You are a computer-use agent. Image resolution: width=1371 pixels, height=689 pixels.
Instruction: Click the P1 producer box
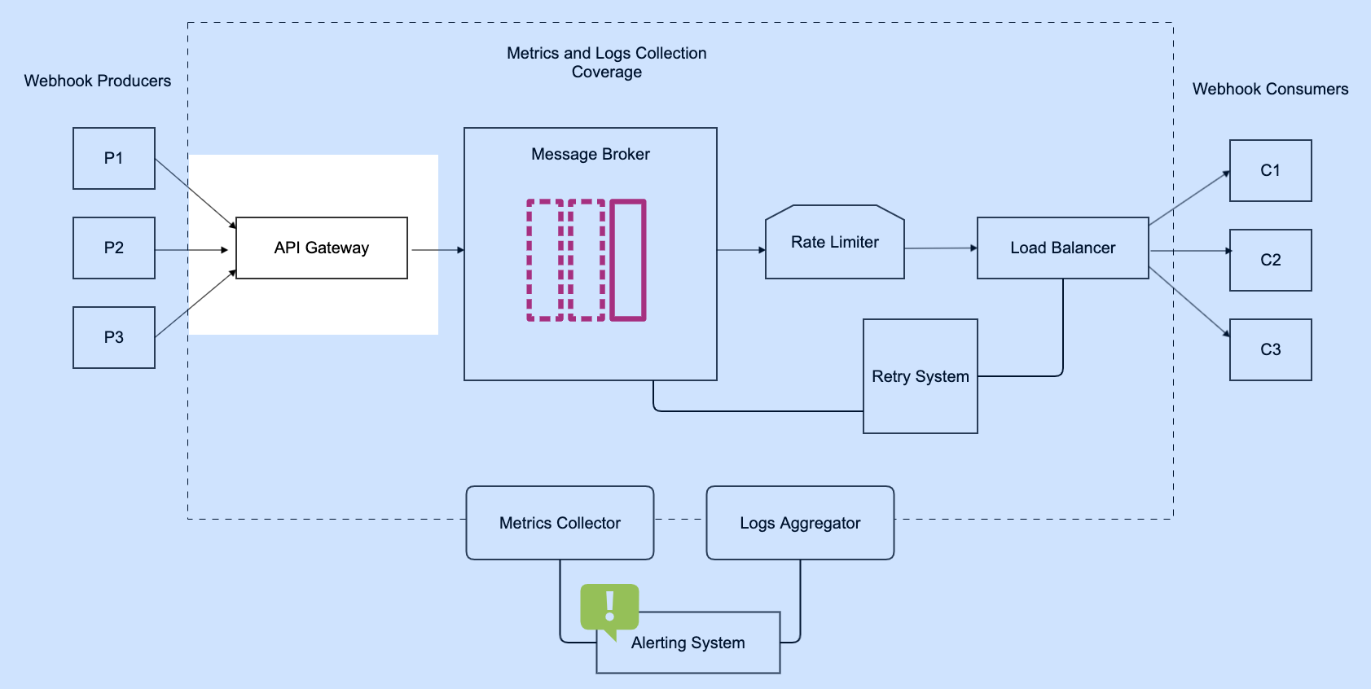(114, 158)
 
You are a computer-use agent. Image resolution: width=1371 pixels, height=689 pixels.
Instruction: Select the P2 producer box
(114, 248)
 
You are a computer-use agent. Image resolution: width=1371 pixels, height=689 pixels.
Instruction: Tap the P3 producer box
(114, 337)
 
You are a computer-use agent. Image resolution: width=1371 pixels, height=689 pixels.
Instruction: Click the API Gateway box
(322, 248)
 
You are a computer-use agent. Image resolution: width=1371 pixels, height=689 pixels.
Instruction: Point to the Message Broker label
(590, 154)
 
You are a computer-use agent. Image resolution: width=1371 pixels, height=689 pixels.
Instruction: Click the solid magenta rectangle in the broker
(628, 260)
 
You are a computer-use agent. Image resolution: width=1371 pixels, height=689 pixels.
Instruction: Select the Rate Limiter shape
(835, 242)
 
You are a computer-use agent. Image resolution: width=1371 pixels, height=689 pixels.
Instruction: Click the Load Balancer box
(1062, 248)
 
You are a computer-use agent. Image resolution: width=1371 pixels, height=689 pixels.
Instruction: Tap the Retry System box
(921, 376)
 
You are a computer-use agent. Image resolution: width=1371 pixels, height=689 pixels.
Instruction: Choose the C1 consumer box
(1270, 170)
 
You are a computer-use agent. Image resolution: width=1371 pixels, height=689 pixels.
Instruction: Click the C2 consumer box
(1270, 260)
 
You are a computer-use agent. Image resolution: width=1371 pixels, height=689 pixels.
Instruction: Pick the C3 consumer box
(1270, 349)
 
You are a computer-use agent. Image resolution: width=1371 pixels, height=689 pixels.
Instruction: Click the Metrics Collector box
(560, 523)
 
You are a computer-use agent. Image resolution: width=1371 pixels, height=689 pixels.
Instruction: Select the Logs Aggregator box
(800, 523)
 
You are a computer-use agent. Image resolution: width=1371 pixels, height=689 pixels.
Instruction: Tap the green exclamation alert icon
(609, 608)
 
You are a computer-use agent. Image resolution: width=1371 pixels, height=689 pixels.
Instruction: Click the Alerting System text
(688, 643)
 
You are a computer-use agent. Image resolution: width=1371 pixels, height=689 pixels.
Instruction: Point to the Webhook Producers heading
(98, 81)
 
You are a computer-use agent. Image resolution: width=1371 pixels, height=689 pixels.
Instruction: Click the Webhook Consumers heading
(1270, 89)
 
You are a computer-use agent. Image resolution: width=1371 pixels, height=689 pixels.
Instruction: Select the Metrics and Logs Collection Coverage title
(606, 62)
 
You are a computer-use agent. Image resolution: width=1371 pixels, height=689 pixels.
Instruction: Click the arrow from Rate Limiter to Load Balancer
(941, 248)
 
